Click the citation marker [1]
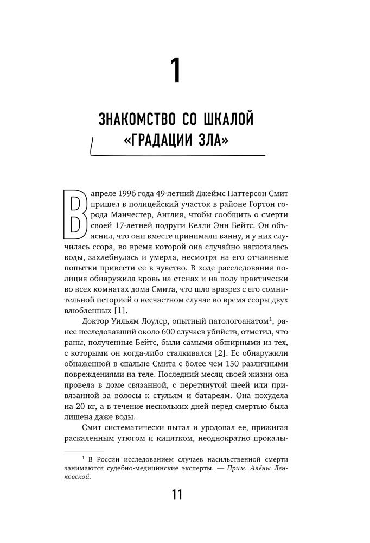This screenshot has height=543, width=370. [x=117, y=310]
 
